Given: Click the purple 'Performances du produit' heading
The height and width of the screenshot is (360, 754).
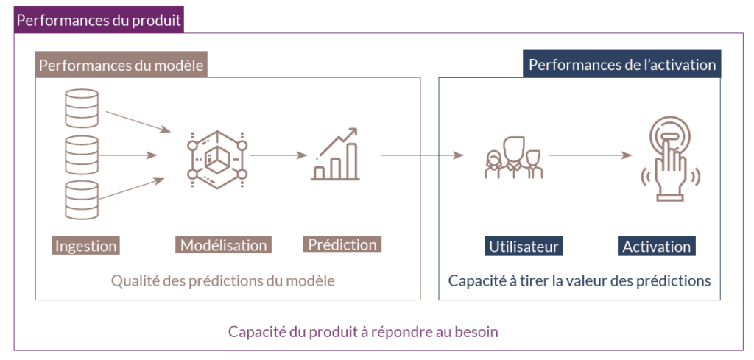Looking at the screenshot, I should tap(99, 20).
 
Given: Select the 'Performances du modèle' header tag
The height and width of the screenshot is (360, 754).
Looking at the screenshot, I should tap(121, 66).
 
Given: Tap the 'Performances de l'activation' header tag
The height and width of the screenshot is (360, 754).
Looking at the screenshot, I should tap(622, 65).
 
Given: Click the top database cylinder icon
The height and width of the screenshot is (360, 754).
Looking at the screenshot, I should tap(81, 108).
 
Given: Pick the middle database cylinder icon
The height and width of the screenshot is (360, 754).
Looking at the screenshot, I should tap(81, 154).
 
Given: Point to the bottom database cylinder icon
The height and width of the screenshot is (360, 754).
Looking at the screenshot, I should tap(81, 200).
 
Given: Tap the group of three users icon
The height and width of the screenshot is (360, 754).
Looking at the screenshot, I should tap(513, 157).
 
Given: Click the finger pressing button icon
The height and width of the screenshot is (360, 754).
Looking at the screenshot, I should tap(670, 159).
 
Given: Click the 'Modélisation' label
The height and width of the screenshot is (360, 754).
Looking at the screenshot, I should tap(223, 245).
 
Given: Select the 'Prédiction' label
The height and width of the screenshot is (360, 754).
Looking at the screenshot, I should tap(342, 244).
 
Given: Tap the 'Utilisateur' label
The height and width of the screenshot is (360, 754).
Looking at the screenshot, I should tap(524, 247).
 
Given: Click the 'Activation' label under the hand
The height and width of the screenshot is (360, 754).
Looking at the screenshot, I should tap(656, 247).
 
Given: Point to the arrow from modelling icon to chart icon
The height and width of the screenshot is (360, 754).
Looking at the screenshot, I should tap(278, 155).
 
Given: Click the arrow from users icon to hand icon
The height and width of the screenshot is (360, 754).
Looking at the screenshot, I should tap(590, 155).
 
